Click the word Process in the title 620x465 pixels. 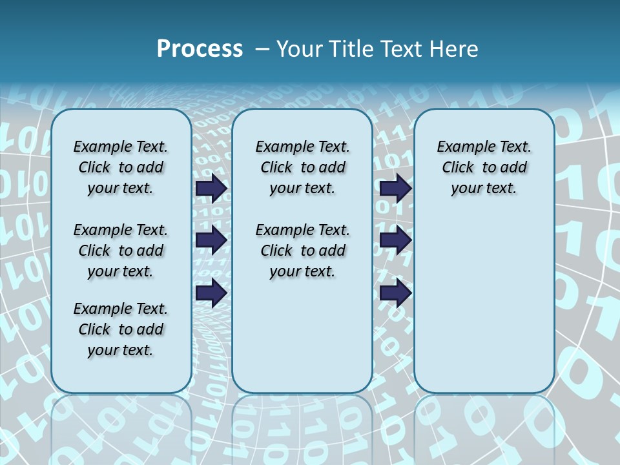click(x=200, y=48)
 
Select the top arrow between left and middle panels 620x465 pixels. click(x=211, y=188)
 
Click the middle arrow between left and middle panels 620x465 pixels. click(x=211, y=241)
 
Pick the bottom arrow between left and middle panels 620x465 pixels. click(x=211, y=293)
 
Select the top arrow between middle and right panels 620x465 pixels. click(x=395, y=188)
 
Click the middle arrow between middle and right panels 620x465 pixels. click(x=395, y=241)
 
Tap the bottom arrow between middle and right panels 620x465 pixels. click(x=395, y=293)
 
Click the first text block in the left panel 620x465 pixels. click(x=121, y=167)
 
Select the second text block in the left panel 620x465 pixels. click(x=121, y=251)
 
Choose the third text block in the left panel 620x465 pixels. click(x=121, y=329)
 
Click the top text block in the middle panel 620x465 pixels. click(x=302, y=167)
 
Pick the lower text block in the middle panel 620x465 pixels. click(x=302, y=251)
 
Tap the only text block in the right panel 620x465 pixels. click(x=484, y=167)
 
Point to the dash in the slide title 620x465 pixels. click(x=262, y=49)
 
